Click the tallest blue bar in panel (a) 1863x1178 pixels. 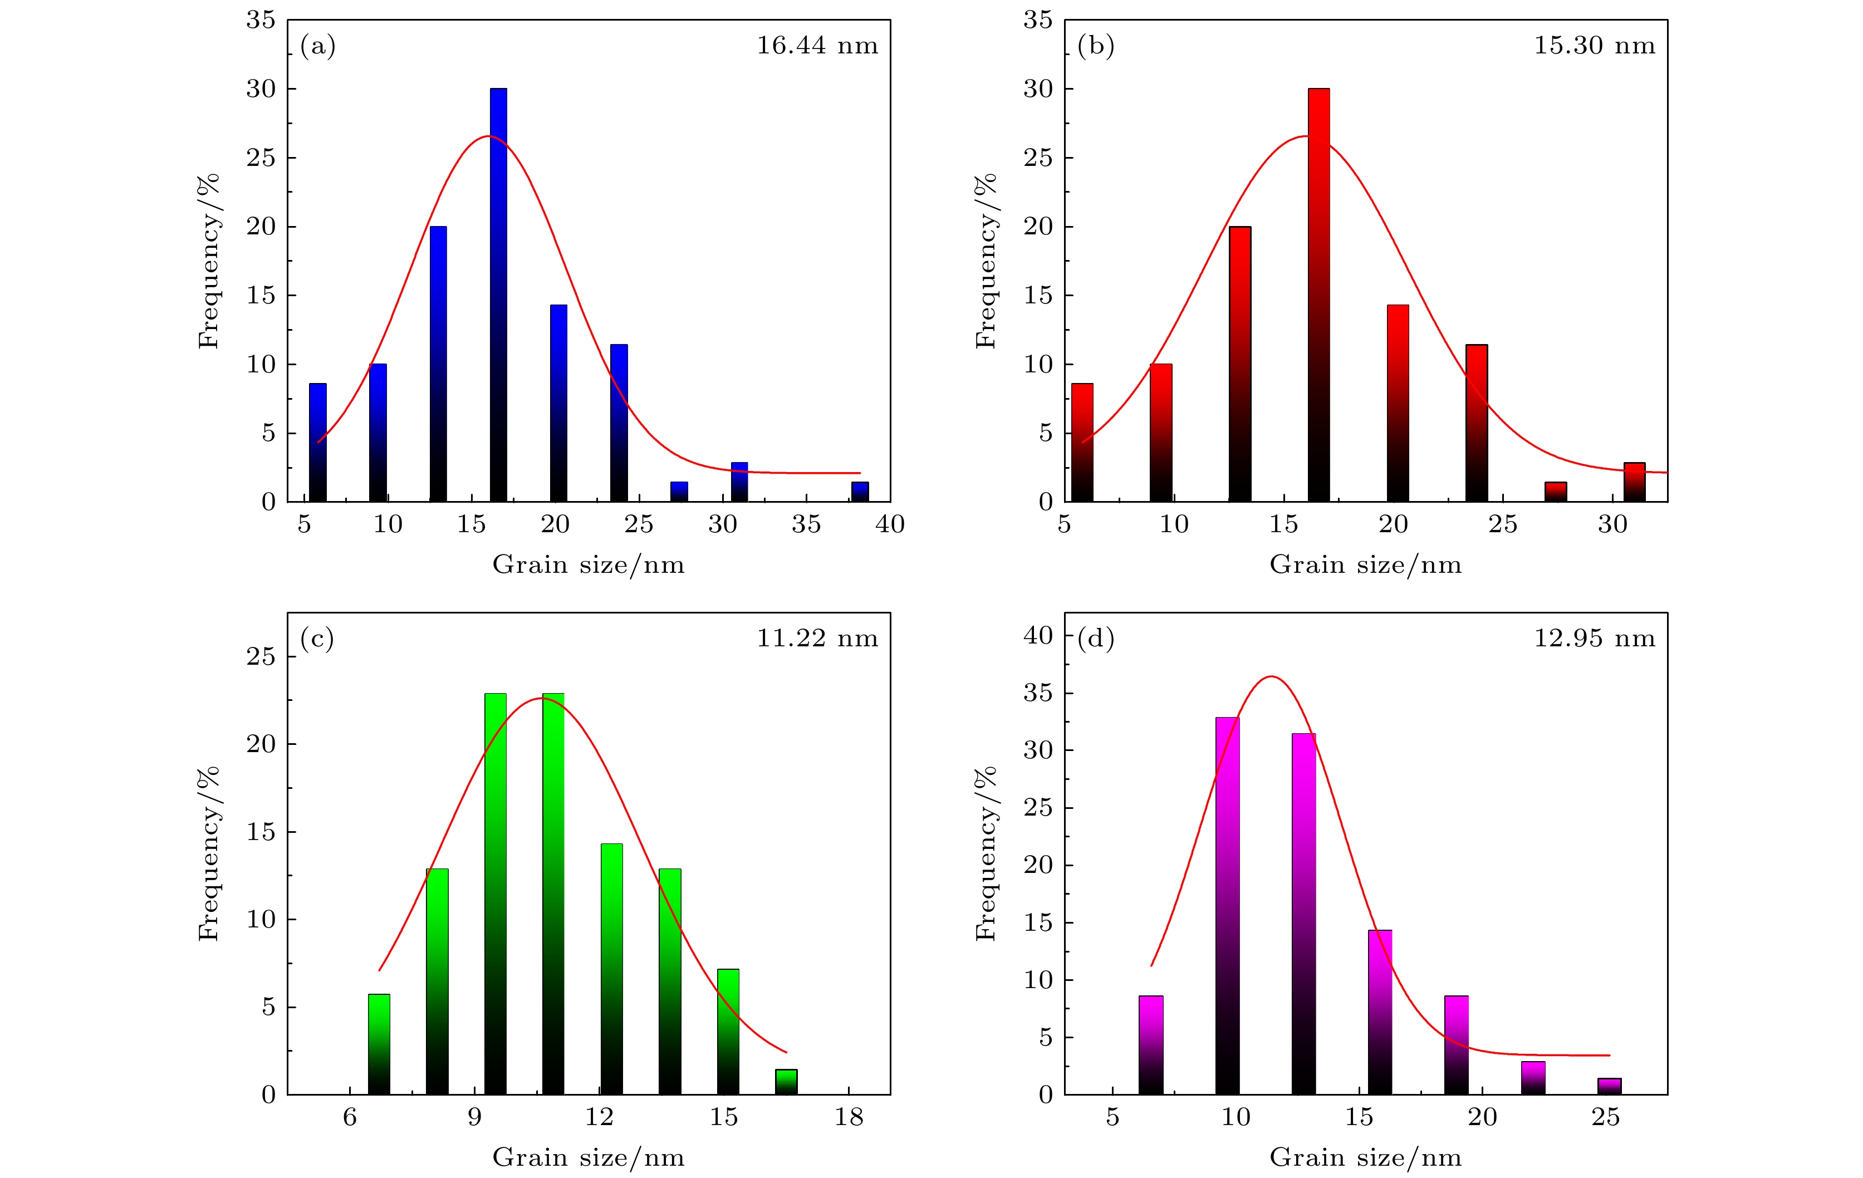pyautogui.click(x=498, y=294)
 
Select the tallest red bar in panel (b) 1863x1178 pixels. pyautogui.click(x=1318, y=294)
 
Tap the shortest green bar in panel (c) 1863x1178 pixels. pyautogui.click(x=786, y=1081)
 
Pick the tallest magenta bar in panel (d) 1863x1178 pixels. pyautogui.click(x=1227, y=905)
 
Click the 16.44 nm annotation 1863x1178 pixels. pyautogui.click(x=817, y=46)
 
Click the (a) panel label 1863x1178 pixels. pyautogui.click(x=318, y=46)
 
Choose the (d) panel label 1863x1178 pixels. pyautogui.click(x=1096, y=639)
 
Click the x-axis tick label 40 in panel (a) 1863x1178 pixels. pyautogui.click(x=890, y=524)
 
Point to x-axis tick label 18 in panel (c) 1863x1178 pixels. pyautogui.click(x=849, y=1117)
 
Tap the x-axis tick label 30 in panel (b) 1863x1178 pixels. pyautogui.click(x=1612, y=524)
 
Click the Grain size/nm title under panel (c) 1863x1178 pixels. pyautogui.click(x=588, y=1157)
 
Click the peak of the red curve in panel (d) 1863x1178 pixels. pyautogui.click(x=1271, y=677)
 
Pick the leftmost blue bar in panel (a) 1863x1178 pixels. pyautogui.click(x=317, y=443)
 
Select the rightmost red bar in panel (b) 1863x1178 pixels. pyautogui.click(x=1634, y=482)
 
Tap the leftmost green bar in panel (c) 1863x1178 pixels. pyautogui.click(x=378, y=1044)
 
